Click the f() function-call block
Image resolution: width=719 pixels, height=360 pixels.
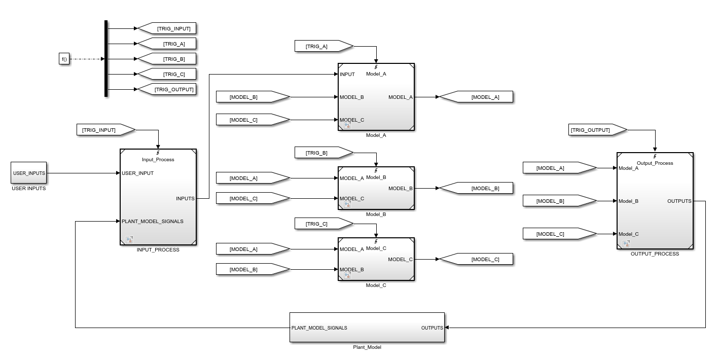click(64, 59)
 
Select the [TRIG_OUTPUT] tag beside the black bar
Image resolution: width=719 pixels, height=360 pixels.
click(167, 89)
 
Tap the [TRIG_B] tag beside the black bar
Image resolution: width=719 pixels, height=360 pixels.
click(167, 59)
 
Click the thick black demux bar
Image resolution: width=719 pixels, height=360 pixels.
click(106, 58)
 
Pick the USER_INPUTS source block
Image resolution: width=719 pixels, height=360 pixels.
click(29, 173)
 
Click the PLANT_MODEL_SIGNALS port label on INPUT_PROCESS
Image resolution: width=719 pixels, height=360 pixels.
click(153, 222)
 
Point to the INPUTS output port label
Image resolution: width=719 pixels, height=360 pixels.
click(185, 199)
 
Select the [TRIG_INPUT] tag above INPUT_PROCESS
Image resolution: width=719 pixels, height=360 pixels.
click(106, 130)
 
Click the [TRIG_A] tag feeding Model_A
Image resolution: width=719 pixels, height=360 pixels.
click(324, 46)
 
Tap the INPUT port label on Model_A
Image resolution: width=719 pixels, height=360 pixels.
click(347, 75)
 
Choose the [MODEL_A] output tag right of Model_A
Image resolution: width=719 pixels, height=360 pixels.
click(476, 97)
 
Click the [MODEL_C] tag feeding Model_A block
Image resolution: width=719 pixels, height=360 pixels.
click(253, 120)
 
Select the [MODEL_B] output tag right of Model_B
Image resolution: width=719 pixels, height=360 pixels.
click(476, 188)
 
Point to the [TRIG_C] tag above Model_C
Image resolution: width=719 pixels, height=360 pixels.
click(324, 224)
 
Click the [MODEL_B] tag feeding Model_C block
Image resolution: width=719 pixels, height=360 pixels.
click(253, 270)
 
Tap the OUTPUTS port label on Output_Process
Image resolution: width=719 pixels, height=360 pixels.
click(679, 201)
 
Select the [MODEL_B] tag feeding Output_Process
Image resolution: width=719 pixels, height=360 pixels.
click(560, 201)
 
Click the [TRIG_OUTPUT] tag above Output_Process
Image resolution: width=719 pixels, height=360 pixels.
click(598, 130)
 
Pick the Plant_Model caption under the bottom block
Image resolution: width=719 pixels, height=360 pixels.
click(367, 347)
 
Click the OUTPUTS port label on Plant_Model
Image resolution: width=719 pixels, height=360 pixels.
click(432, 328)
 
